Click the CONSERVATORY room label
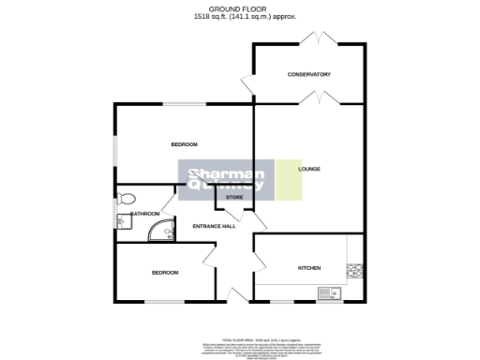309,74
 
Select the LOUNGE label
309,170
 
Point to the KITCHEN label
309,267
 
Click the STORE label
233,198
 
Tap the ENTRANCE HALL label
214,226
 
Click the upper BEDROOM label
184,144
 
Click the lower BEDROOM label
165,272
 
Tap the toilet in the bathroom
126,198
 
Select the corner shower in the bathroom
163,231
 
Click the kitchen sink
329,294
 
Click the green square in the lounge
289,178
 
